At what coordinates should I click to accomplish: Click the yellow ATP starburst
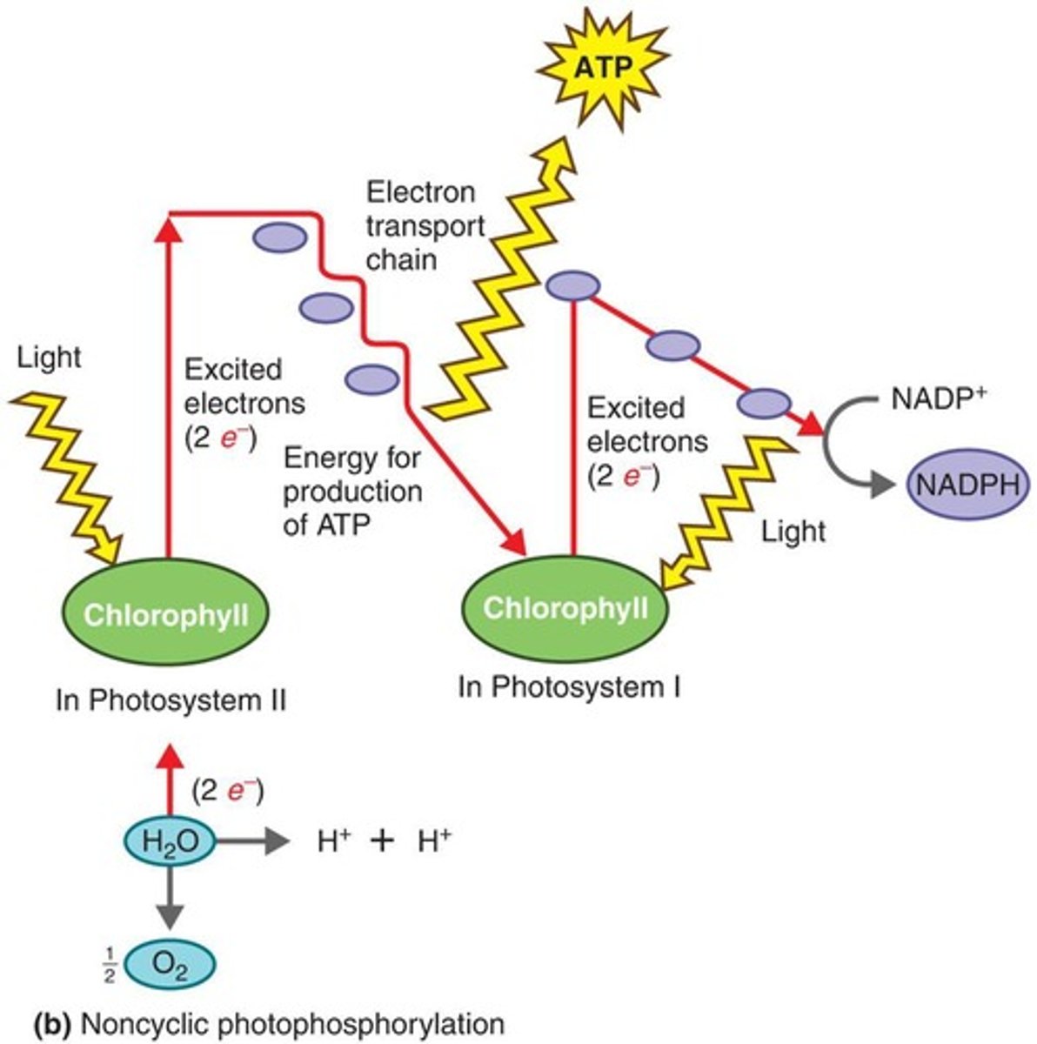(x=614, y=66)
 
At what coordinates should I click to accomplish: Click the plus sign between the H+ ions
(x=381, y=841)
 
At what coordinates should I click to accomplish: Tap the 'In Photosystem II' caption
(x=171, y=700)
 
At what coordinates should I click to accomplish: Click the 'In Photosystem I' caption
(x=569, y=687)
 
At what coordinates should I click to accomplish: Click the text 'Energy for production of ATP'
(x=352, y=491)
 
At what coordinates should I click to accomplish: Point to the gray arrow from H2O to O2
(x=171, y=898)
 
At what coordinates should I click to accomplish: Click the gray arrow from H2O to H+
(x=252, y=841)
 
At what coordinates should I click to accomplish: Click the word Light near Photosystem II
(x=49, y=357)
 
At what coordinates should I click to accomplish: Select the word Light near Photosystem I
(x=793, y=531)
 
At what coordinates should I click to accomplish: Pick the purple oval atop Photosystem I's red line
(x=572, y=285)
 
